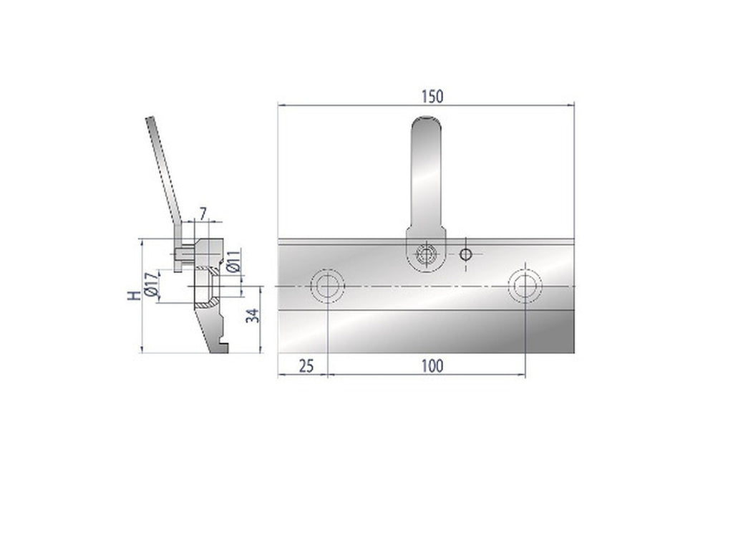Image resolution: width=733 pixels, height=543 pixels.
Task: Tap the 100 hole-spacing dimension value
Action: click(x=432, y=366)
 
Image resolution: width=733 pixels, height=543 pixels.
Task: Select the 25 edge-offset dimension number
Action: click(x=305, y=366)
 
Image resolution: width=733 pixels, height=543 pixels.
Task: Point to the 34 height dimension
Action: click(x=251, y=316)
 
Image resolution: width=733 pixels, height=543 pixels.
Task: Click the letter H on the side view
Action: click(x=132, y=297)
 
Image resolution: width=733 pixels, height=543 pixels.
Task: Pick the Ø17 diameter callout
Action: click(x=150, y=285)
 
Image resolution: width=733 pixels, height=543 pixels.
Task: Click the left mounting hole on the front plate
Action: click(x=328, y=286)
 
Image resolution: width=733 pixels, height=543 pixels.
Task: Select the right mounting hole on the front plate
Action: click(x=525, y=286)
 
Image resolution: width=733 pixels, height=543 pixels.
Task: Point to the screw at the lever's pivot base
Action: click(x=427, y=254)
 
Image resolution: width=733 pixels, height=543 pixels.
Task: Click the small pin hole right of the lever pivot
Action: click(x=466, y=254)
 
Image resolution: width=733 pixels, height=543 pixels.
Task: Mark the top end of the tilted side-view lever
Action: click(x=150, y=120)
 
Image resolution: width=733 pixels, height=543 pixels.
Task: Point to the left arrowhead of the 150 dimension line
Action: click(x=281, y=105)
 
